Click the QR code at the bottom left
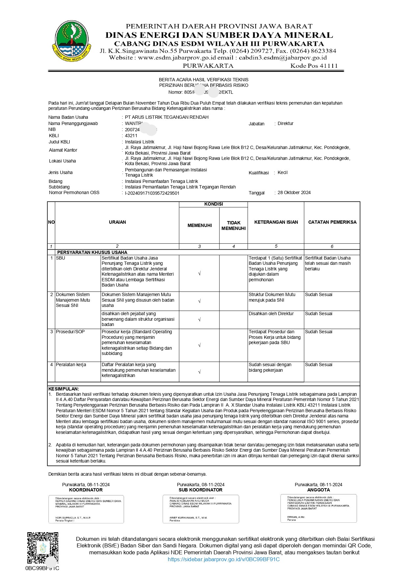click(42, 547)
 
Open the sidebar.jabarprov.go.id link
click(223, 559)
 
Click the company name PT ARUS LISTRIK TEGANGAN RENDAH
click(166, 117)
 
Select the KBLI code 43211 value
click(131, 136)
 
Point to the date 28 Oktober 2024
click(294, 192)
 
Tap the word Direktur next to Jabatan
click(285, 123)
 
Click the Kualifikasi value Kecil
click(282, 172)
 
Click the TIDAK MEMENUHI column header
click(233, 225)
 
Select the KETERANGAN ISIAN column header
click(276, 222)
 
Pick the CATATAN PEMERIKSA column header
click(332, 222)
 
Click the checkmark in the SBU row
click(199, 274)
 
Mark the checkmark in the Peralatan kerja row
click(199, 372)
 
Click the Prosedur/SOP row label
click(70, 332)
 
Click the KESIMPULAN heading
click(64, 389)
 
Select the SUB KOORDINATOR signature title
click(200, 490)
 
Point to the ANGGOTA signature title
click(318, 490)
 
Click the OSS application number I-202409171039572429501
click(152, 193)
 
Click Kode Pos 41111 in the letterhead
click(314, 66)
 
